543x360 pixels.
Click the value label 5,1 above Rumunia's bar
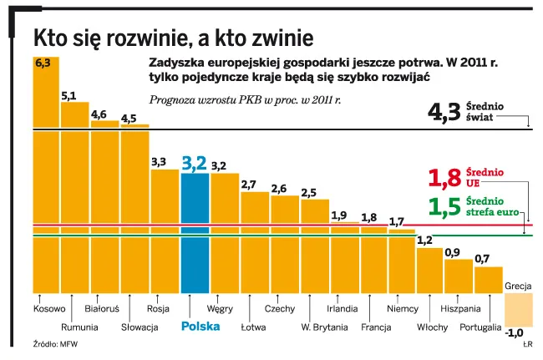click(69, 95)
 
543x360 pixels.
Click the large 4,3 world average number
click(444, 113)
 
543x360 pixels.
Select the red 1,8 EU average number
click(444, 177)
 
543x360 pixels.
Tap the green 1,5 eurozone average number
click(444, 207)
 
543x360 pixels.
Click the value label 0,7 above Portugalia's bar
click(482, 259)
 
